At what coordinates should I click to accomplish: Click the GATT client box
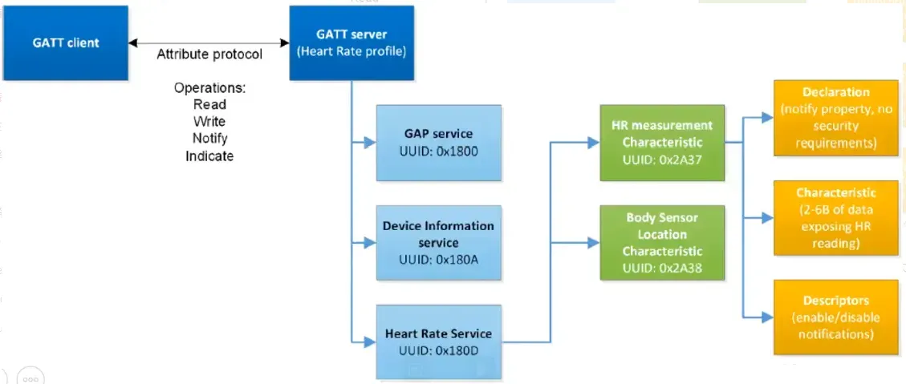coord(65,42)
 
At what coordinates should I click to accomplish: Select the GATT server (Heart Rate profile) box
coord(351,42)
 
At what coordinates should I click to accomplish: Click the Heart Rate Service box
coord(437,342)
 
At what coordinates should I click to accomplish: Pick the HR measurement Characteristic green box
coord(662,143)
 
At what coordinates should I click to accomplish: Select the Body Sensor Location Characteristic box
coord(662,243)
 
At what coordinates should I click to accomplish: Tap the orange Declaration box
coord(835,118)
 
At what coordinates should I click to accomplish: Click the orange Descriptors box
coord(835,317)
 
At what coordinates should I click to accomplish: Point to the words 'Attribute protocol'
coord(209,55)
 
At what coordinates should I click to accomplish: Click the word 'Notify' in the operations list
coord(209,139)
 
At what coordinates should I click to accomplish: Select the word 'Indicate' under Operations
coord(209,156)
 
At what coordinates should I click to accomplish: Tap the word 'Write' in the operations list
coord(209,122)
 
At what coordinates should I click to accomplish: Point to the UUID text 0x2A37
coord(681,159)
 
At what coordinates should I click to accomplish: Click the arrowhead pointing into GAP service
coord(371,143)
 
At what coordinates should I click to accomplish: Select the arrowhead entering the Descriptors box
coord(768,317)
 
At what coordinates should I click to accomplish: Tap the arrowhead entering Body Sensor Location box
coord(594,243)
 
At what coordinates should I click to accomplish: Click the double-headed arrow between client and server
coord(209,42)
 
